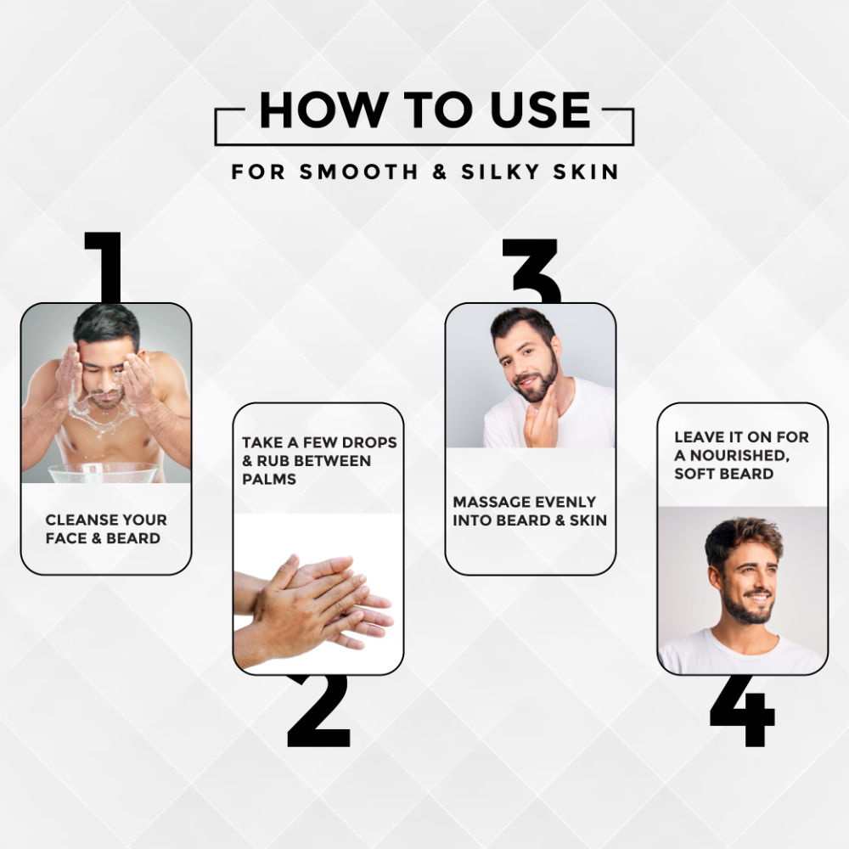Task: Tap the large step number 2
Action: pos(318,711)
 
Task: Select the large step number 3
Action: pos(532,271)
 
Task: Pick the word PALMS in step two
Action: pos(269,479)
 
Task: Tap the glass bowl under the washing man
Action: pos(104,473)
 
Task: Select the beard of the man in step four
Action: pos(747,611)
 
